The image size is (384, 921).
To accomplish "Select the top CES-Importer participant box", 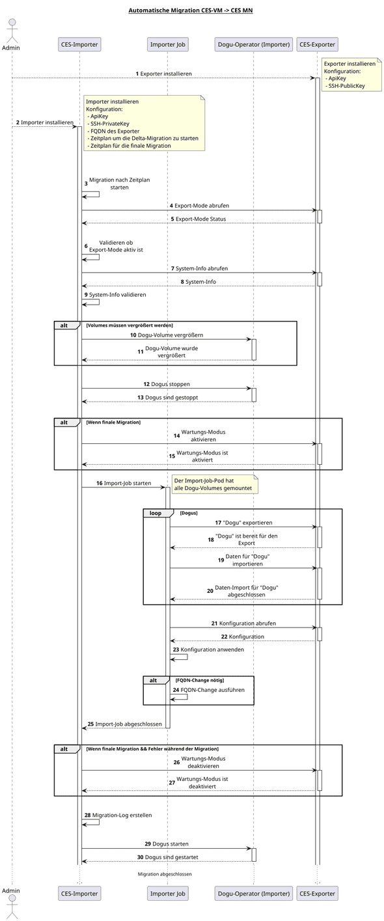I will (79, 44).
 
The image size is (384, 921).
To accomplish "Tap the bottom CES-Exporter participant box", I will (317, 894).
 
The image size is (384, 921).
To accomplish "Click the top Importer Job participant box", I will (167, 44).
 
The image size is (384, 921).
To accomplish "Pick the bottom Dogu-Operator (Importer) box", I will (253, 894).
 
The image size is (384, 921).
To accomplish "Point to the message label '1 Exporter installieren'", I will (163, 74).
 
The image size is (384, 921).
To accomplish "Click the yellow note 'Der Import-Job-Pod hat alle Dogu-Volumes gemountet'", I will (214, 484).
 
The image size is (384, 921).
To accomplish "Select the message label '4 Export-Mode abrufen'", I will (199, 206).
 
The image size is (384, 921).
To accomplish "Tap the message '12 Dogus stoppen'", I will (167, 384).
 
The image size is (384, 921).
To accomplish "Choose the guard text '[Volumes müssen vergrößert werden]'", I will (129, 325).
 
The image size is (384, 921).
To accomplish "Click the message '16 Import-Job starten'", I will (123, 483).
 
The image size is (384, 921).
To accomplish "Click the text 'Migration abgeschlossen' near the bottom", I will (165, 873).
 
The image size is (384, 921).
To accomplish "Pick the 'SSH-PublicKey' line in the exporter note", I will (347, 85).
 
